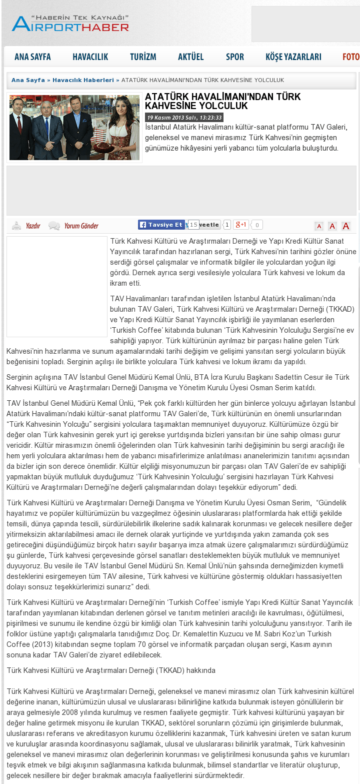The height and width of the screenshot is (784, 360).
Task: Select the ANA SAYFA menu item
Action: tap(32, 57)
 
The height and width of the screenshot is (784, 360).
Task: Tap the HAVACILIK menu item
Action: tap(90, 57)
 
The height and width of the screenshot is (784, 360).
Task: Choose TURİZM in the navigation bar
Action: tap(143, 57)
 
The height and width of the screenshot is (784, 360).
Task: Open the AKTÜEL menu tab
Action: tap(190, 57)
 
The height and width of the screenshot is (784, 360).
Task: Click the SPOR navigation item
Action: tap(235, 57)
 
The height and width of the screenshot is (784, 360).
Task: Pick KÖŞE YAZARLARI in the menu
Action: tap(293, 57)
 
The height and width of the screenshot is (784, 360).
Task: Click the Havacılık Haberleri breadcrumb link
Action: tap(83, 80)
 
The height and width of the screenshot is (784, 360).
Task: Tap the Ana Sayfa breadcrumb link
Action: tap(28, 80)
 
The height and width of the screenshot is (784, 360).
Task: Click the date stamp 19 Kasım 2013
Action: tap(184, 118)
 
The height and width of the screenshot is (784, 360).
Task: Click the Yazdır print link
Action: tap(32, 226)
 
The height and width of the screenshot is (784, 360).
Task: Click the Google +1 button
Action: tap(241, 225)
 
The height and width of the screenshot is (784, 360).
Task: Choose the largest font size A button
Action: tap(345, 226)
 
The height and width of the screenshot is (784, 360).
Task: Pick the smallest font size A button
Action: tap(318, 226)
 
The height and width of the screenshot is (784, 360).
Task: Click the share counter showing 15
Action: tap(193, 225)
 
